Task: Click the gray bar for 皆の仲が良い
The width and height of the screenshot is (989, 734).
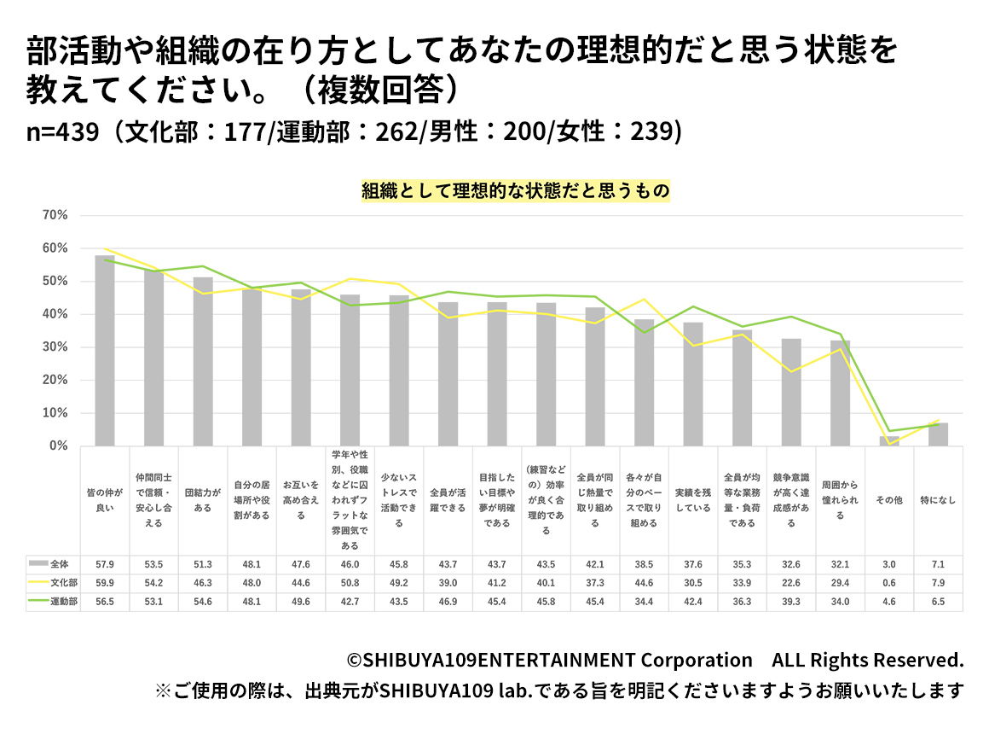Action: (105, 350)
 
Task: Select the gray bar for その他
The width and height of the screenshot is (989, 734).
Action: (889, 441)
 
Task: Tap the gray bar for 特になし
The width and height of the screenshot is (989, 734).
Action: (939, 434)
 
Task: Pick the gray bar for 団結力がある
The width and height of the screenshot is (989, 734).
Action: (203, 361)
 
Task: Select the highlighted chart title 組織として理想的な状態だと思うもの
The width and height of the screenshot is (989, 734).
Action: (516, 190)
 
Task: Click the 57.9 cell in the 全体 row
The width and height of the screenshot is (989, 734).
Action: (105, 564)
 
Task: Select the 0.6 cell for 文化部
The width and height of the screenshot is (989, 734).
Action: (889, 584)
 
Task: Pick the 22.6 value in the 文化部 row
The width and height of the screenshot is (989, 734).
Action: (791, 584)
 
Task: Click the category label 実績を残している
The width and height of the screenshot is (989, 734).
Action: (692, 500)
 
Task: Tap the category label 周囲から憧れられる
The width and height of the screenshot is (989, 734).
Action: (840, 500)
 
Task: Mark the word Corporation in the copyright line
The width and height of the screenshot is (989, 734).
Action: (697, 660)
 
